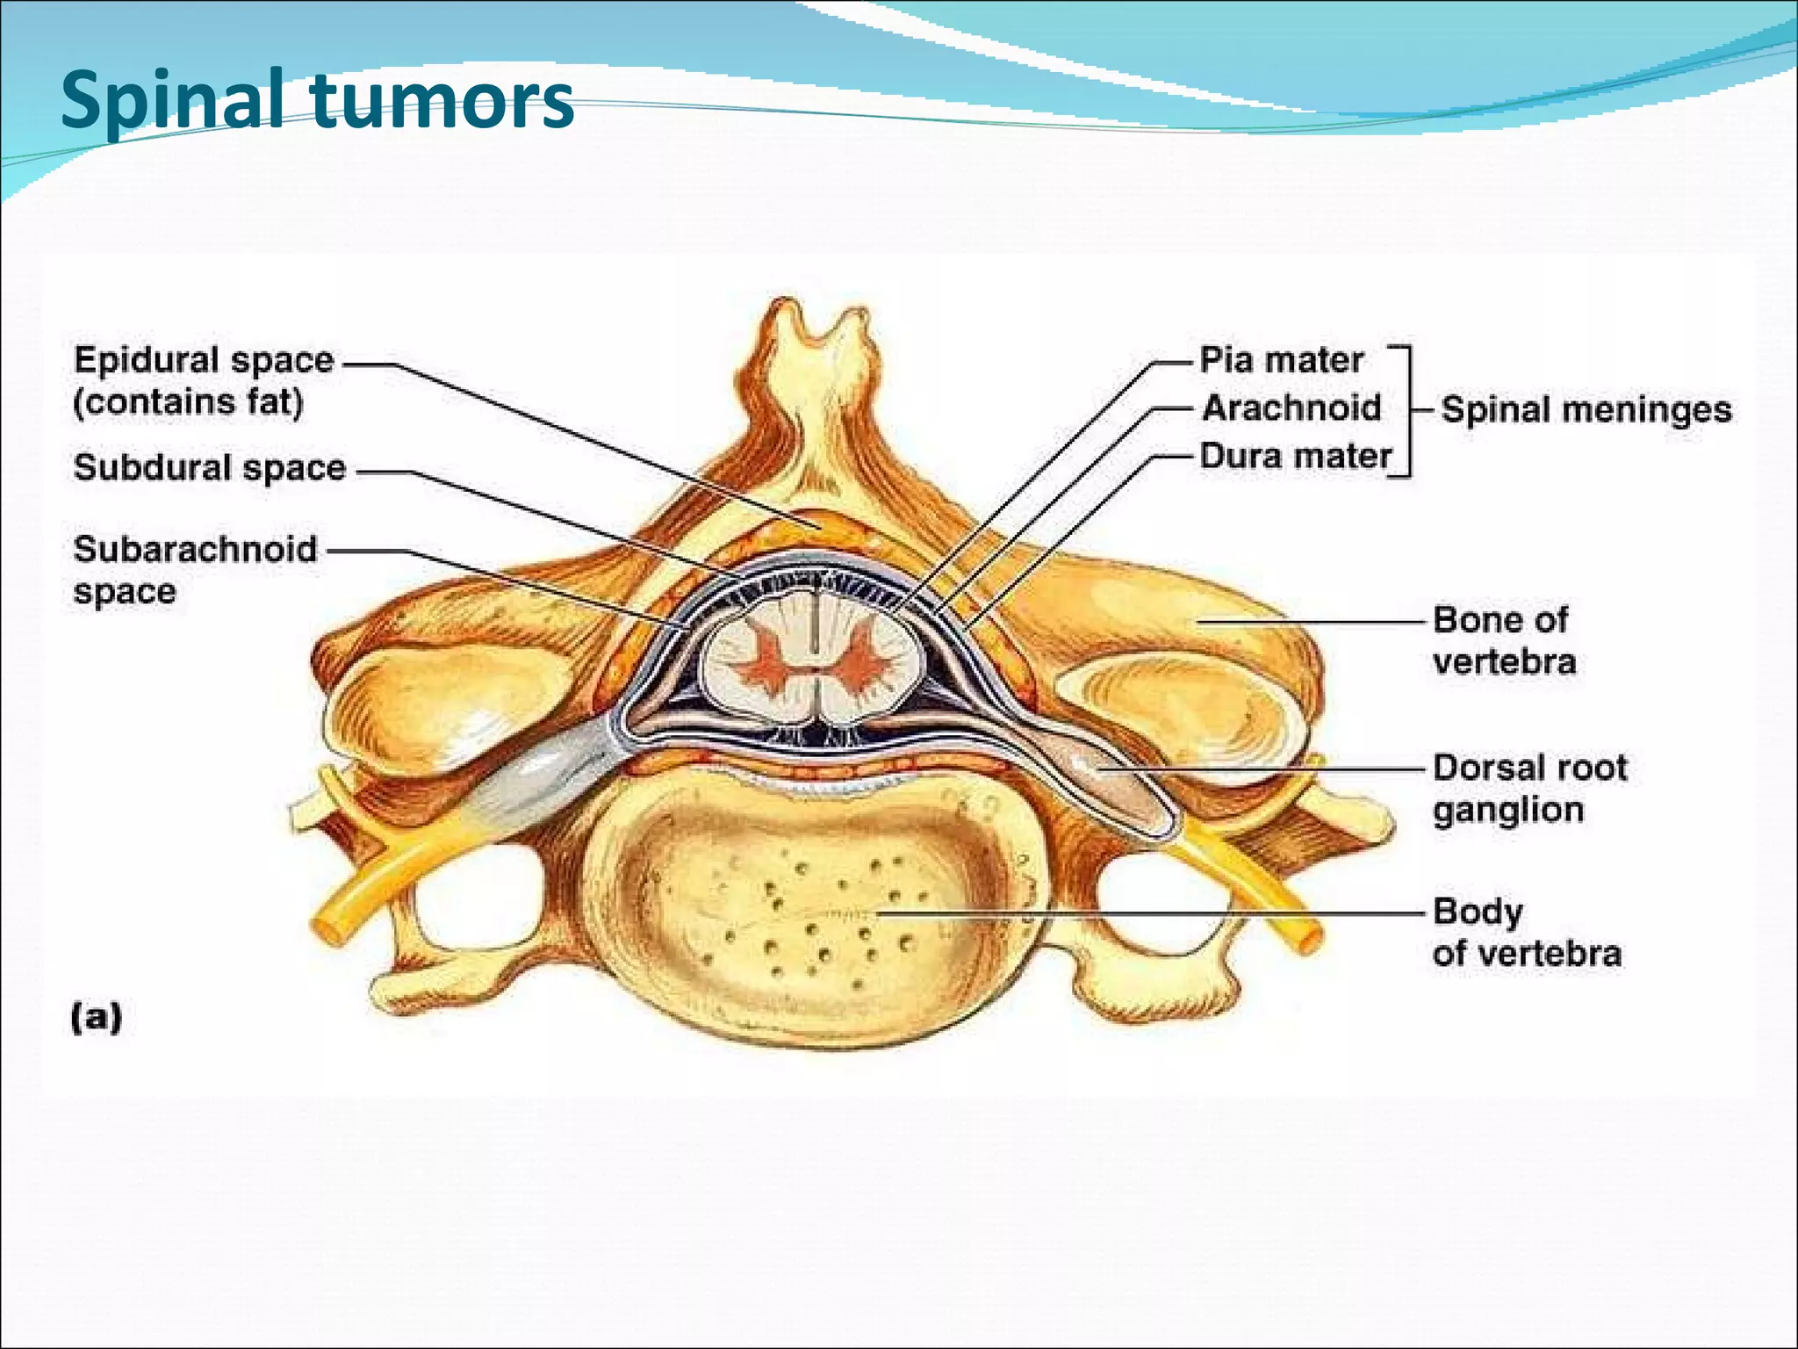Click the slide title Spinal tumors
316,101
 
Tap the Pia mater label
1281,361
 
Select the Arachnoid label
1291,408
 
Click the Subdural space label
210,468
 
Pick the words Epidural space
204,361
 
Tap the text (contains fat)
188,403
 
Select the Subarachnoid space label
195,569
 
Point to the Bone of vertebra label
1503,640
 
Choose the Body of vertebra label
1526,933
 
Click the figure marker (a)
97,1018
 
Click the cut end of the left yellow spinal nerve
328,930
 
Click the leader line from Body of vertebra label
1141,913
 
